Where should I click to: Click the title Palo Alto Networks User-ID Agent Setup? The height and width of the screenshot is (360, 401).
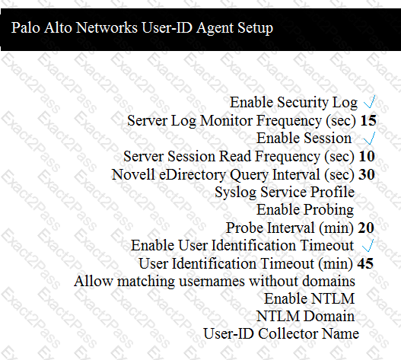pyautogui.click(x=142, y=28)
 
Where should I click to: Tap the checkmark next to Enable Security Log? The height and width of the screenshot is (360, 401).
pyautogui.click(x=370, y=102)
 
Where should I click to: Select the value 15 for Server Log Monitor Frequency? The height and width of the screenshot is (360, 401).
pyautogui.click(x=368, y=120)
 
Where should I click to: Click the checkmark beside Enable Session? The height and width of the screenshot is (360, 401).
pyautogui.click(x=369, y=139)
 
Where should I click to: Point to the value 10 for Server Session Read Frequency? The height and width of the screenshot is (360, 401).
pyautogui.click(x=367, y=156)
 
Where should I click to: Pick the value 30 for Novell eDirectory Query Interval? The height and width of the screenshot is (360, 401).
pyautogui.click(x=367, y=174)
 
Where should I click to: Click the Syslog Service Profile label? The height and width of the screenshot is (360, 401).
pyautogui.click(x=285, y=192)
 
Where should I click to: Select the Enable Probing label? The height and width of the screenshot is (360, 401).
pyautogui.click(x=305, y=210)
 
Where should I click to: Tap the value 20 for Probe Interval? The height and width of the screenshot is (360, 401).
pyautogui.click(x=366, y=228)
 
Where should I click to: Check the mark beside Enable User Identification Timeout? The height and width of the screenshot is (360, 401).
pyautogui.click(x=368, y=245)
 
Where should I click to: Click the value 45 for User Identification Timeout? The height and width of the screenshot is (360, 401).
pyautogui.click(x=365, y=263)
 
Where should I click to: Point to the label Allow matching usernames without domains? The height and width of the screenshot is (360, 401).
pyautogui.click(x=215, y=281)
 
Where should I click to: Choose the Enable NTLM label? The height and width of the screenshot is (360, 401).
pyautogui.click(x=309, y=299)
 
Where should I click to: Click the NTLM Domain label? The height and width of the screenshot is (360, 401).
pyautogui.click(x=305, y=317)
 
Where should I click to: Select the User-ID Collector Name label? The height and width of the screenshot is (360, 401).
pyautogui.click(x=281, y=334)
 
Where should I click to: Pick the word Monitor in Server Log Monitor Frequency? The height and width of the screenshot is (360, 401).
pyautogui.click(x=226, y=120)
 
